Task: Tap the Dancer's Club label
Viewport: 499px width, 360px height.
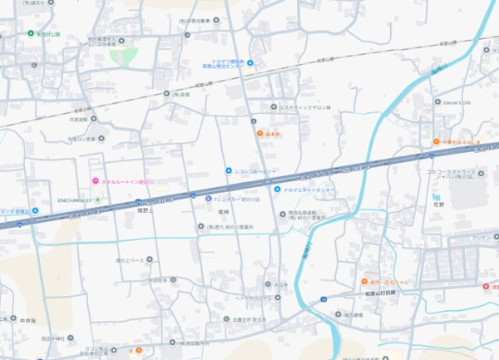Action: (456, 102)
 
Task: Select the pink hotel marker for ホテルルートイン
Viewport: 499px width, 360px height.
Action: (95, 181)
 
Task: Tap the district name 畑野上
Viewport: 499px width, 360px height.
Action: (146, 211)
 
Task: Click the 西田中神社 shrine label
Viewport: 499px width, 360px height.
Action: (52, 339)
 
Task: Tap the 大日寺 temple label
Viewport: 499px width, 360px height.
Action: (281, 284)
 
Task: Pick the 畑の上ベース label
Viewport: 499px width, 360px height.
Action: (135, 259)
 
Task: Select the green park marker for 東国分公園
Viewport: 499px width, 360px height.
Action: (31, 34)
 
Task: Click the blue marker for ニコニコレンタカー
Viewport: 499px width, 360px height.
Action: (228, 171)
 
